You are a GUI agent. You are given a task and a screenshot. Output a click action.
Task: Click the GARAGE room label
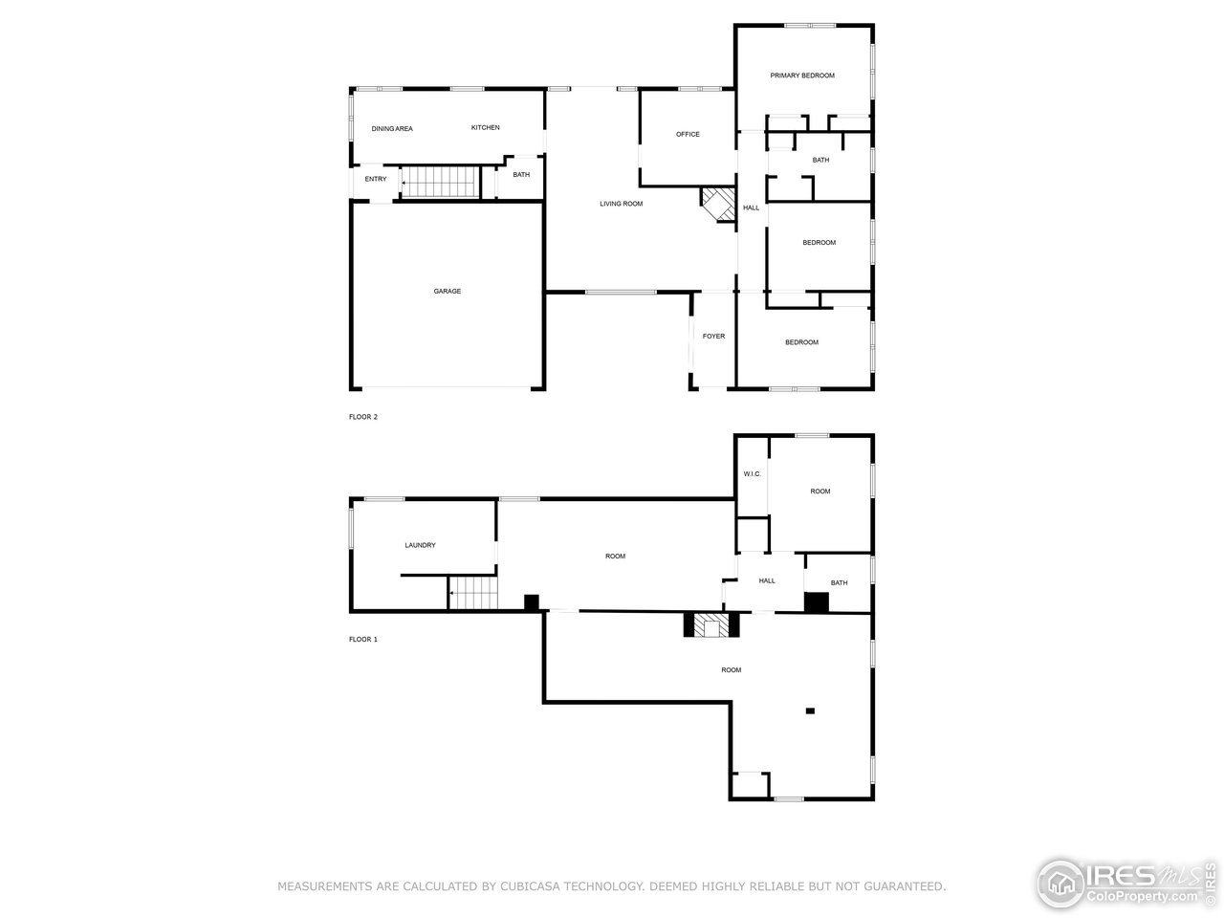(x=447, y=291)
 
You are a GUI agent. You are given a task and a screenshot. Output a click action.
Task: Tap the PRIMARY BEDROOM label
(x=802, y=76)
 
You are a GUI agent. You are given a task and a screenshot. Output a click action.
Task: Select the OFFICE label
(x=688, y=134)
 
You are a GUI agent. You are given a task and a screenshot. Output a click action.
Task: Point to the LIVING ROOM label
(x=621, y=204)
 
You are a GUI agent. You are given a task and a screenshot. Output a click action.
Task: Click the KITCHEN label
(x=485, y=127)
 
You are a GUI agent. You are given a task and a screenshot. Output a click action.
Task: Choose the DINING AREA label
(x=392, y=128)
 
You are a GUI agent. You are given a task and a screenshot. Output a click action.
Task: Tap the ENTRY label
(x=376, y=179)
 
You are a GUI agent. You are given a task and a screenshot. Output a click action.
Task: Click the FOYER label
(x=713, y=337)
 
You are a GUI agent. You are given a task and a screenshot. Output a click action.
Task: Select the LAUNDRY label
(x=420, y=545)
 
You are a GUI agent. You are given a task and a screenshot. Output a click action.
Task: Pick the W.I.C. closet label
(x=752, y=474)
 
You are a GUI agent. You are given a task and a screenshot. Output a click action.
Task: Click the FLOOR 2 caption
(x=363, y=417)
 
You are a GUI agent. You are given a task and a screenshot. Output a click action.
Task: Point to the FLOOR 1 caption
(x=363, y=639)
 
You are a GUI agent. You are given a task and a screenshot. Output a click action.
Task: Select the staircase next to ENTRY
(x=440, y=182)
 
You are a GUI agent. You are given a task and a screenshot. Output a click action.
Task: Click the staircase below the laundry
(x=474, y=594)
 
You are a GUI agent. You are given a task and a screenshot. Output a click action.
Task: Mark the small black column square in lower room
(x=810, y=710)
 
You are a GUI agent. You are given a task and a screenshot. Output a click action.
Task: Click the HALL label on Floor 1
(x=767, y=580)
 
